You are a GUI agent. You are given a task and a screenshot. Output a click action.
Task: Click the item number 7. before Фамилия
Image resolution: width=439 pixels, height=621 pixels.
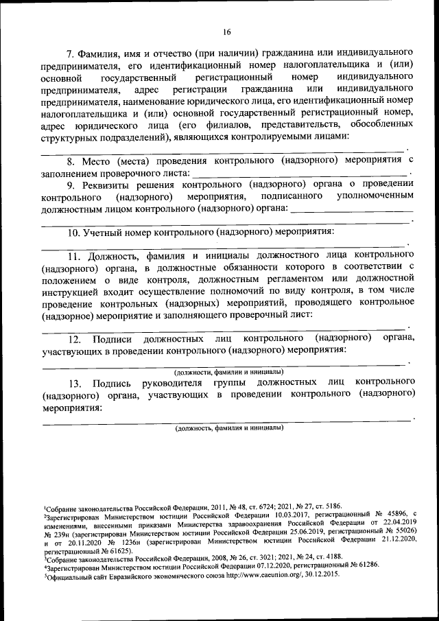click(x=69, y=53)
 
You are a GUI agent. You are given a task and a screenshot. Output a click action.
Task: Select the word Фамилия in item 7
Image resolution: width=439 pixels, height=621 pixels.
click(x=100, y=53)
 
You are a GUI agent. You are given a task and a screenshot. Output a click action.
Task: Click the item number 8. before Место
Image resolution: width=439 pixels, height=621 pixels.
click(x=70, y=161)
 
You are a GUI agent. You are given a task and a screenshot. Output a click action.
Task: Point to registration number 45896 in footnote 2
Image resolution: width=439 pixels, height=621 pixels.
click(x=381, y=513)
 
